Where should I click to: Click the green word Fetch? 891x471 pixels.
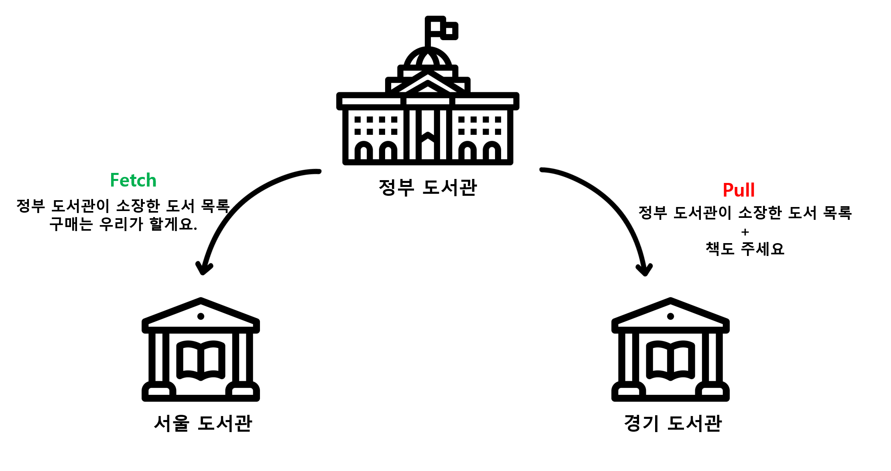tap(133, 180)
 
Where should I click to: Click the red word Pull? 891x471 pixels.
tap(739, 190)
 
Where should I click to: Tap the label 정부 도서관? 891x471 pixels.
tap(428, 187)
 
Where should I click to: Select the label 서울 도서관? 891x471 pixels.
tap(203, 423)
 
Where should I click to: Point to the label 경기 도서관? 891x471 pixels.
tap(673, 423)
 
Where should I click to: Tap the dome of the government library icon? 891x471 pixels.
tap(428, 58)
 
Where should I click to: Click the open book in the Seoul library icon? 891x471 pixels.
tap(201, 360)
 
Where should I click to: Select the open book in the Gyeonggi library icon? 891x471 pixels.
tap(670, 360)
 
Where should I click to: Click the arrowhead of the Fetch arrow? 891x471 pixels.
tap(203, 268)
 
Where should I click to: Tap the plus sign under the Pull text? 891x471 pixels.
tap(745, 232)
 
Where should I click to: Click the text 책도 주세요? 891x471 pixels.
tap(745, 249)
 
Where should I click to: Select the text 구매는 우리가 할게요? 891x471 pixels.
tap(123, 224)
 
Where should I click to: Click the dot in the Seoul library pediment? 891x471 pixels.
tap(201, 316)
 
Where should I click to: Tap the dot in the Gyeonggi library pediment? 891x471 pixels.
tap(670, 316)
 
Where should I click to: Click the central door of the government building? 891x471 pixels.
tap(428, 146)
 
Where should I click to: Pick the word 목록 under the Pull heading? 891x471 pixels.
tap(837, 213)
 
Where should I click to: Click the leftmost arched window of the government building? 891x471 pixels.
tap(364, 152)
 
